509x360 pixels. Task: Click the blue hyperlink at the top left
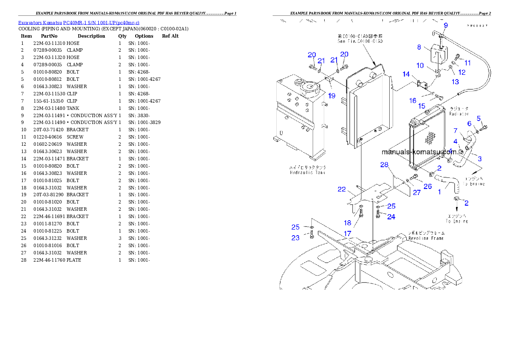coord(79,22)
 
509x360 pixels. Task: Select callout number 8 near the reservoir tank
coord(419,47)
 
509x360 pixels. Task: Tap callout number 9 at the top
coord(445,26)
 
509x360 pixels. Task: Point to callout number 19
coord(331,96)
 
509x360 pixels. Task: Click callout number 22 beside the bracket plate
coord(341,189)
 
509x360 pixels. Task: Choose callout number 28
coord(384,165)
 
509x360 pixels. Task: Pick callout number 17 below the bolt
coord(347,233)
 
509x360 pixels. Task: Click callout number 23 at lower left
coord(296,238)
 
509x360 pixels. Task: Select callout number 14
coord(406,74)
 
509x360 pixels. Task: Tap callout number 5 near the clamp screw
coord(479,118)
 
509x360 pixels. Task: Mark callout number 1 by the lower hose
coord(439,192)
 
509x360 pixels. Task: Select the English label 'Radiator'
coord(459,114)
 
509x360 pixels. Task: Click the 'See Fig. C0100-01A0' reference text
coord(359,41)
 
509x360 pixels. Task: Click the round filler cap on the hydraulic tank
coord(307,88)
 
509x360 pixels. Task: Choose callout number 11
coord(468,63)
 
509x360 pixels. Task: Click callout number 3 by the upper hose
coord(479,159)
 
